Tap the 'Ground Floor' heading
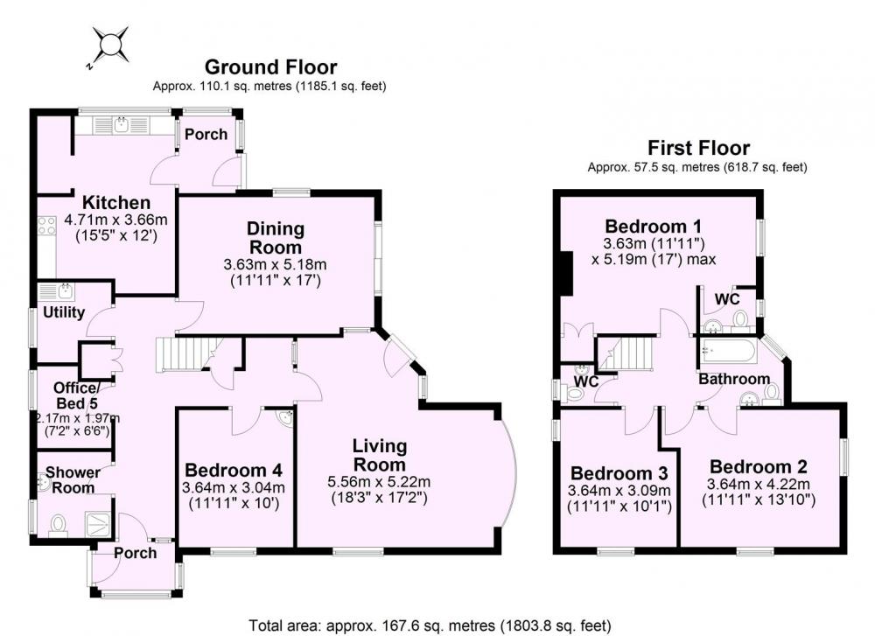tap(270, 67)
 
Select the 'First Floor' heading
tap(698, 148)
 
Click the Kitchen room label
tap(116, 202)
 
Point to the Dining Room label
tap(276, 238)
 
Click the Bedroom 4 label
tap(234, 470)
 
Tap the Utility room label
tap(64, 312)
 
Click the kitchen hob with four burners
tap(46, 226)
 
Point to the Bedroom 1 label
tap(654, 227)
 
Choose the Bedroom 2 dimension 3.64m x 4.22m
tap(759, 484)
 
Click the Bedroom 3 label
tap(619, 473)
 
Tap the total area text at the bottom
tap(430, 625)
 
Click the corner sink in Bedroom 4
tap(286, 416)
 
